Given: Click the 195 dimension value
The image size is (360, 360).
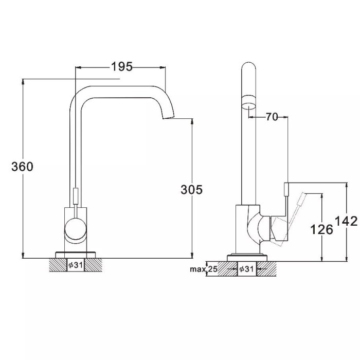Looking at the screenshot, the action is (122, 67).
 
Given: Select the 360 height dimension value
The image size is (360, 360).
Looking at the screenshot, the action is (22, 167).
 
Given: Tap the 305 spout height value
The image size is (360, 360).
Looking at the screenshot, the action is (191, 190).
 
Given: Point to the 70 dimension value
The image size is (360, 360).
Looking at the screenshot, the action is (272, 117).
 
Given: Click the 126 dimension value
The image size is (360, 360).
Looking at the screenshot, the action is (321, 229).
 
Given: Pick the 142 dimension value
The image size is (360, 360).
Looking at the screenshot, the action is (347, 221).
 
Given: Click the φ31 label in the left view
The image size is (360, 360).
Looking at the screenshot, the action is (75, 265).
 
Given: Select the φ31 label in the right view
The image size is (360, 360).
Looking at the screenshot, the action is (246, 269).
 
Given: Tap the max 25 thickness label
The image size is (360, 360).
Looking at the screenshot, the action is (204, 269).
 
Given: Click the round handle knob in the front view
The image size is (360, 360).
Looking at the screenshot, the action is (76, 230).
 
